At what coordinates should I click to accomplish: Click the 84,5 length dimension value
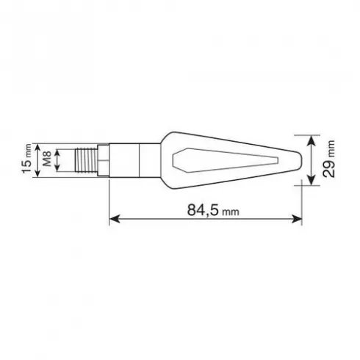pyautogui.click(x=203, y=210)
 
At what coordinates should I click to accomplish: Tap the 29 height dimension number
pyautogui.click(x=329, y=168)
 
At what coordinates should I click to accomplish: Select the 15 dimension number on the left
pyautogui.click(x=26, y=166)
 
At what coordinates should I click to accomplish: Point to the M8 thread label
pyautogui.click(x=47, y=159)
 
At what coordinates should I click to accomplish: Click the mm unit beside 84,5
pyautogui.click(x=230, y=212)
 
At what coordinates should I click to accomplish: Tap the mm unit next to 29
pyautogui.click(x=331, y=149)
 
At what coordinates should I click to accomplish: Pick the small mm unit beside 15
pyautogui.click(x=29, y=151)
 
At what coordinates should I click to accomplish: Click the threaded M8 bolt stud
pyautogui.click(x=86, y=160)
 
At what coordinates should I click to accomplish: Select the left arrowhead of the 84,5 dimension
pyautogui.click(x=115, y=219)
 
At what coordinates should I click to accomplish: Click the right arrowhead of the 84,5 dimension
pyautogui.click(x=297, y=219)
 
